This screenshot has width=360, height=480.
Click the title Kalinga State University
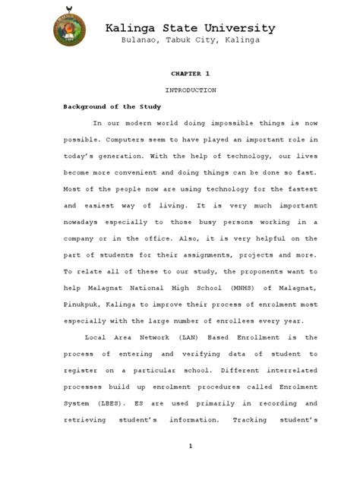(190, 28)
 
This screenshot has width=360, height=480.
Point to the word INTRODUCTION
(190, 90)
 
